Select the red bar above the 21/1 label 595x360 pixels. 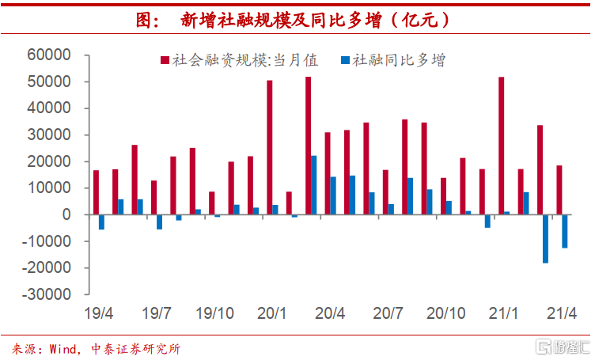tap(502, 146)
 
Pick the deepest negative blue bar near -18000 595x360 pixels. tap(546, 238)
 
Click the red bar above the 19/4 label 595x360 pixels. tap(96, 192)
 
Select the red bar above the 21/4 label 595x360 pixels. tap(559, 190)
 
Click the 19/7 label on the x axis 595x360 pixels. tap(157, 313)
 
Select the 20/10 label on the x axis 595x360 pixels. tap(446, 313)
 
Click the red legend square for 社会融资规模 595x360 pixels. tap(165, 60)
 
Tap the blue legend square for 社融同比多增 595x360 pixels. tap(345, 60)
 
